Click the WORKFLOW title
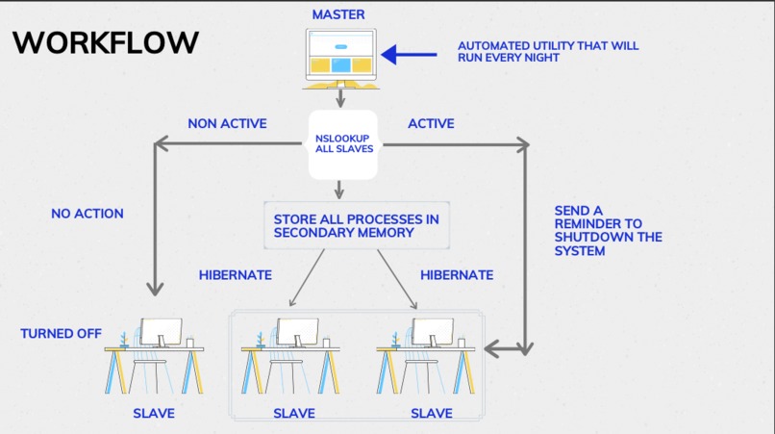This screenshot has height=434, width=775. (106, 43)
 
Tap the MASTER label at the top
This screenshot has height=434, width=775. (339, 15)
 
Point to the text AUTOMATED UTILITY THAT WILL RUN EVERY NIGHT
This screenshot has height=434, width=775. (547, 51)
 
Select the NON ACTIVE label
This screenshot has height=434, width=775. (227, 123)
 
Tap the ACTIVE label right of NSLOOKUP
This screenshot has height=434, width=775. (431, 123)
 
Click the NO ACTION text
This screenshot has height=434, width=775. (87, 213)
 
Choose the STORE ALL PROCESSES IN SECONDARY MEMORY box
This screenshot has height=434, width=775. (356, 225)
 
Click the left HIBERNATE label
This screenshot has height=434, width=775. (235, 274)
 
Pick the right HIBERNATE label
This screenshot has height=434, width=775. (457, 274)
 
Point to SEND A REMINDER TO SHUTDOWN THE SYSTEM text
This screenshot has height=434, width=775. (608, 231)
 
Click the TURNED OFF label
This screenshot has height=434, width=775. (61, 333)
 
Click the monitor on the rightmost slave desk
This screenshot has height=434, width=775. (433, 333)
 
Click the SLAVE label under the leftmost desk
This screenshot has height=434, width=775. (153, 413)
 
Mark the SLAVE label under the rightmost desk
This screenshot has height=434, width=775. (432, 413)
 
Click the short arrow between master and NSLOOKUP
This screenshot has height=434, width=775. (340, 97)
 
